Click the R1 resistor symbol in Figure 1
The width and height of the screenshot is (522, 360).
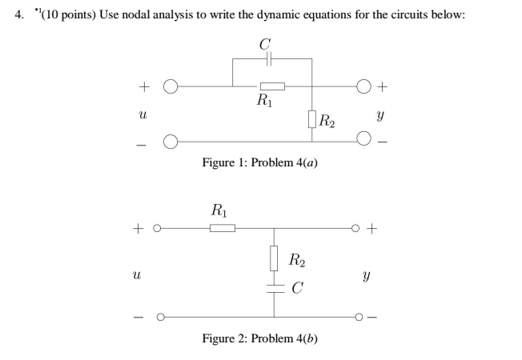coord(271,86)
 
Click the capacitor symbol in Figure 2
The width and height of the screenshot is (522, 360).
coord(274,288)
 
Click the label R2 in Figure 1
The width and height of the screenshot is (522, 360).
coord(327,122)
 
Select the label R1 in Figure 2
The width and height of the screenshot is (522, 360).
coord(219,211)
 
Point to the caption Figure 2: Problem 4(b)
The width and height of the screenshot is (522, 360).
coord(263,338)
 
